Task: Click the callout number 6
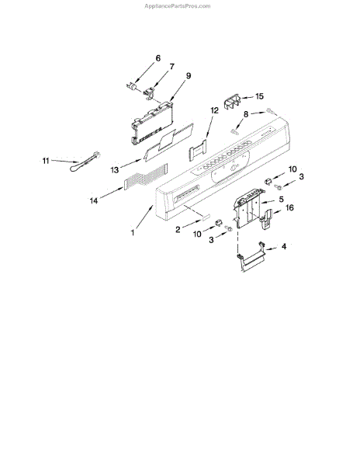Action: [158, 58]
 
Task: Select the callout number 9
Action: [189, 75]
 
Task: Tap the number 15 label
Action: [259, 96]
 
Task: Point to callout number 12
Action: [215, 110]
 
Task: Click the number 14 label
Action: [94, 201]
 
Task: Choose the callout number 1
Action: [133, 232]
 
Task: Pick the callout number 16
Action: [289, 207]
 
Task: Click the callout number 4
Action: [284, 246]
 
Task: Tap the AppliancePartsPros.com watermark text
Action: [178, 6]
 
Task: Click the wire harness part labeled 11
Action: [85, 162]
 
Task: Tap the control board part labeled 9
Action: [152, 123]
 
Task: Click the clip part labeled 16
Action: [267, 219]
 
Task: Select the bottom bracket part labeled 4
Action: [251, 257]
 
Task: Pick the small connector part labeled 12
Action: [197, 150]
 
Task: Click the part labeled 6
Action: [131, 87]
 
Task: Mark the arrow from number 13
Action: [130, 164]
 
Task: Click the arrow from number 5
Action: [268, 201]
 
